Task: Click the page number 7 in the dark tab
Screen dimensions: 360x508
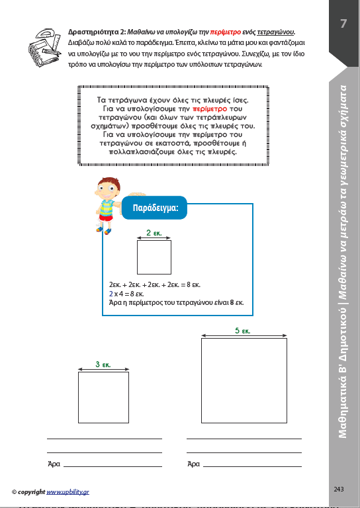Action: pos(343,23)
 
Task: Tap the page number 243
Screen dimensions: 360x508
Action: pos(339,489)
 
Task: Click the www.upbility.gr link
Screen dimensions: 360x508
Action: pos(67,492)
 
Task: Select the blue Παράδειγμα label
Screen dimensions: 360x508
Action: pos(155,208)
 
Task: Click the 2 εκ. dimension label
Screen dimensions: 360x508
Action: pos(154,233)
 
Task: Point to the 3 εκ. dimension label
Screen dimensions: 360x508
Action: pos(103,364)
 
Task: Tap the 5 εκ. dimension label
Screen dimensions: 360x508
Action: pos(242,331)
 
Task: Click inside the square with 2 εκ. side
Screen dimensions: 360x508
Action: pos(154,257)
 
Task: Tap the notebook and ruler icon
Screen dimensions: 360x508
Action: pos(44,48)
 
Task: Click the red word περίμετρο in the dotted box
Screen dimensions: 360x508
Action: pos(210,109)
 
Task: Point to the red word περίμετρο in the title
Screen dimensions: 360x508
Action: pos(225,32)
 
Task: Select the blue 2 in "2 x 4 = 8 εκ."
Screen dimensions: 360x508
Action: pos(111,294)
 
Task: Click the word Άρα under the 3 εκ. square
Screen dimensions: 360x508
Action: pos(54,464)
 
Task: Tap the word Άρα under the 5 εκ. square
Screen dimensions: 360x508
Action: pos(193,464)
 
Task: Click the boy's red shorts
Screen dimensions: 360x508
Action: pos(106,218)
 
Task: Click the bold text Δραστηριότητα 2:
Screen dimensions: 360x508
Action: pos(97,32)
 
